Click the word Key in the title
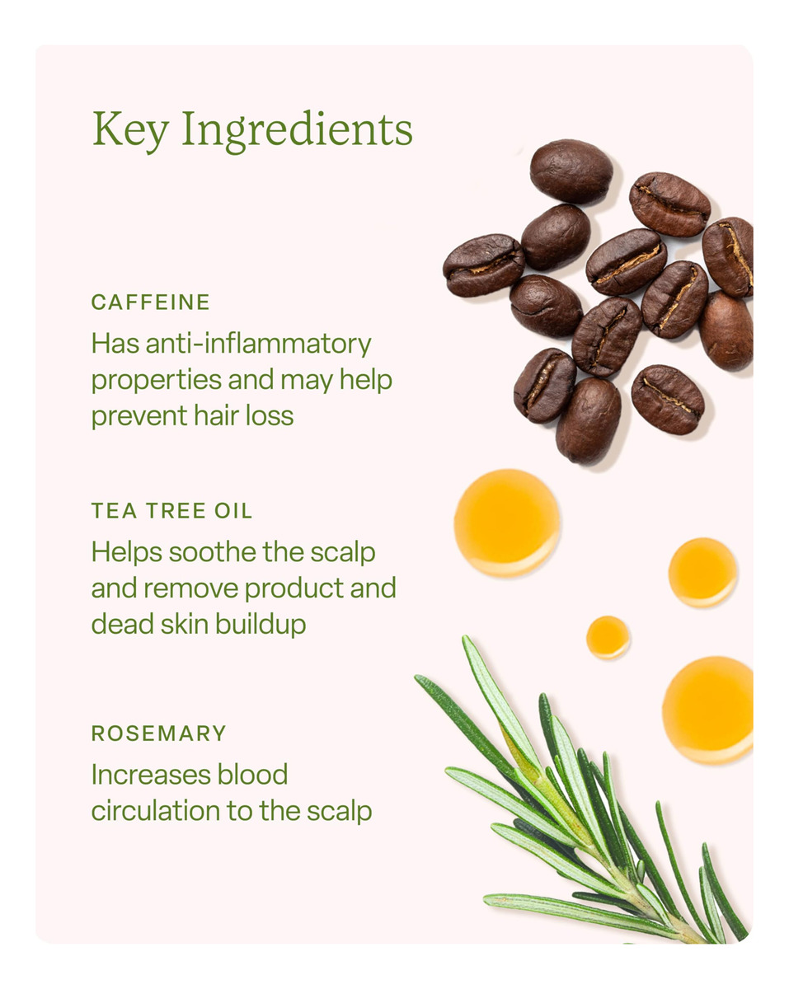coord(130,130)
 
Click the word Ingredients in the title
coord(297,130)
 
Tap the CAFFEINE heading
coord(150,302)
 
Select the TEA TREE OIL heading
coord(171,511)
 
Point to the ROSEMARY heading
coord(158,733)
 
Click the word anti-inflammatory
coord(258,344)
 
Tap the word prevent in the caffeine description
coord(139,416)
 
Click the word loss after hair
coord(270,415)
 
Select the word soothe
coord(213,551)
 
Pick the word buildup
coord(261,625)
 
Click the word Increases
coord(150,775)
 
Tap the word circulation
coord(156,811)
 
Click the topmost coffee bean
coord(571,171)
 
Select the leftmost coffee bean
coord(484,265)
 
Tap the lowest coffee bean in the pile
coord(588,420)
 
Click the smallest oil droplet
coord(608,637)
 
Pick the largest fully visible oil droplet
coord(507,523)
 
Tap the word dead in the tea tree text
coord(122,625)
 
